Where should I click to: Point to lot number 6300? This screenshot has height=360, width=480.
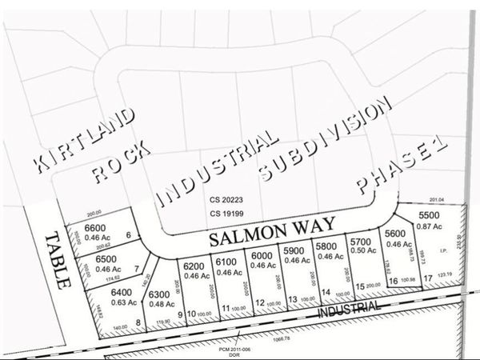point(161,294)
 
